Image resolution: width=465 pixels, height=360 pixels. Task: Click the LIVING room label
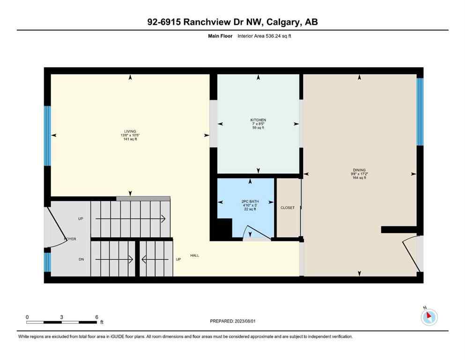tap(130, 132)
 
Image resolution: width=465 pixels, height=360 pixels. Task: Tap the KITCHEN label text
tap(258, 120)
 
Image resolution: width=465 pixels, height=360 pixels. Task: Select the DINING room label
tap(359, 170)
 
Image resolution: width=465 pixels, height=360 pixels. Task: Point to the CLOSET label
tap(288, 208)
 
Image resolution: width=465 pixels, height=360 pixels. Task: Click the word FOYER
tap(69, 239)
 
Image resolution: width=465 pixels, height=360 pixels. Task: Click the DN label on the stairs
tap(81, 259)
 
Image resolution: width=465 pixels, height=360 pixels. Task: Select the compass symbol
tap(429, 317)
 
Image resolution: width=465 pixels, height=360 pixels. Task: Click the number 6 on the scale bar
tap(96, 317)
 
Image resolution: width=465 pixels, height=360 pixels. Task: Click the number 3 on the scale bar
tap(62, 317)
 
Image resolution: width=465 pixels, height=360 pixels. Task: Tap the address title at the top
tap(232, 22)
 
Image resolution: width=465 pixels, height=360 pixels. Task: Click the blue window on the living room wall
tap(47, 136)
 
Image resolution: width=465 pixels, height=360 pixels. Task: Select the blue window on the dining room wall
tap(420, 112)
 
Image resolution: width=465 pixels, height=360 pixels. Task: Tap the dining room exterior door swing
tap(410, 253)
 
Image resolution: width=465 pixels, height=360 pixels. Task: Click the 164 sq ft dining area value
tap(359, 178)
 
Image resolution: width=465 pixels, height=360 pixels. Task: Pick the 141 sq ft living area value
tap(130, 139)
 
